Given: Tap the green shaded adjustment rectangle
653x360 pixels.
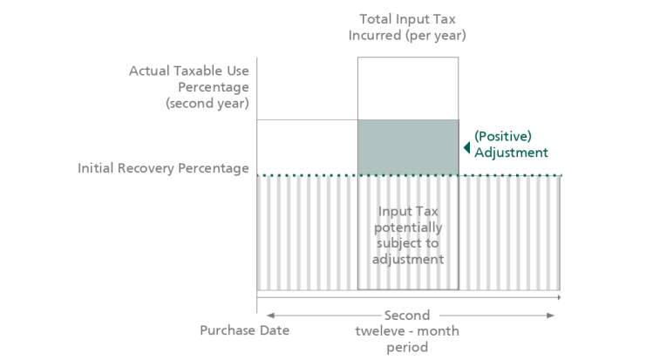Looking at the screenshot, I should pyautogui.click(x=407, y=147).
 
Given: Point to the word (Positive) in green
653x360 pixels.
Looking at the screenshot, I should pyautogui.click(x=502, y=136).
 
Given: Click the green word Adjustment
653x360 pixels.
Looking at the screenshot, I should pyautogui.click(x=511, y=153).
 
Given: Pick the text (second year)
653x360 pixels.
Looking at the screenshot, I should pyautogui.click(x=207, y=103).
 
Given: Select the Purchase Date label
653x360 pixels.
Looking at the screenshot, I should pyautogui.click(x=245, y=330).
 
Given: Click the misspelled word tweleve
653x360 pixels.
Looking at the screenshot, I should pyautogui.click(x=383, y=331).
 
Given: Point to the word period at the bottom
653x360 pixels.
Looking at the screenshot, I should pyautogui.click(x=407, y=348).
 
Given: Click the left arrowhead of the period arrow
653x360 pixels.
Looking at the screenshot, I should pyautogui.click(x=270, y=315).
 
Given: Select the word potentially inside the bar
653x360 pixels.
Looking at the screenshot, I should pyautogui.click(x=407, y=228).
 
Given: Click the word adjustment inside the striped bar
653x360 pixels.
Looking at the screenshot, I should pyautogui.click(x=408, y=260).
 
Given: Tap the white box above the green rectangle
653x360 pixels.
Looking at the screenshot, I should pyautogui.click(x=407, y=88).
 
